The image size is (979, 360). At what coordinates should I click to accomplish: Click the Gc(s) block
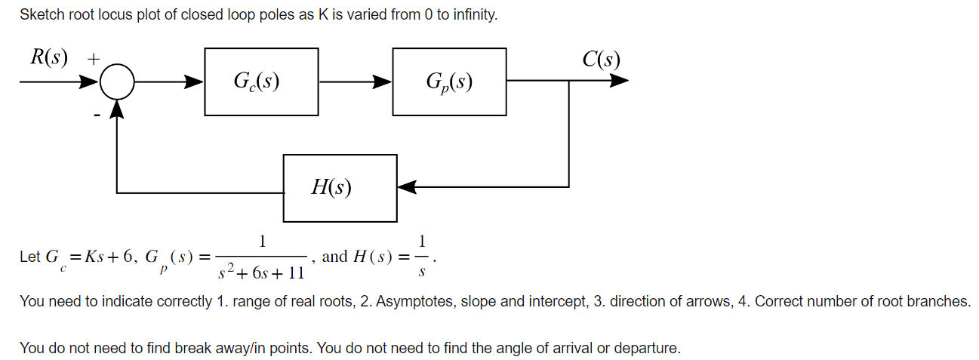[260, 82]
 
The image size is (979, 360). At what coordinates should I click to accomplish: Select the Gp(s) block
[449, 82]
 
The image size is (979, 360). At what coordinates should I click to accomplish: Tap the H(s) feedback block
[340, 188]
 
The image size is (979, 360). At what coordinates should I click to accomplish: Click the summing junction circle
[117, 82]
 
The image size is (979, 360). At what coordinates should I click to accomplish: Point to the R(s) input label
[48, 57]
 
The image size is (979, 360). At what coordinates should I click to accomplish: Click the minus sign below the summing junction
[97, 115]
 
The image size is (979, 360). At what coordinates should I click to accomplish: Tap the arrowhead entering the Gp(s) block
[383, 82]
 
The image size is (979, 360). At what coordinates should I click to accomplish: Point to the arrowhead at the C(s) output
[619, 82]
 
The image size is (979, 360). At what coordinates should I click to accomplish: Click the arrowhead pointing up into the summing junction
[117, 109]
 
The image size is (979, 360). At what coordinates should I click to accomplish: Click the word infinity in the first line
[474, 15]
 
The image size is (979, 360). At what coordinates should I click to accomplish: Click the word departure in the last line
[646, 348]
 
